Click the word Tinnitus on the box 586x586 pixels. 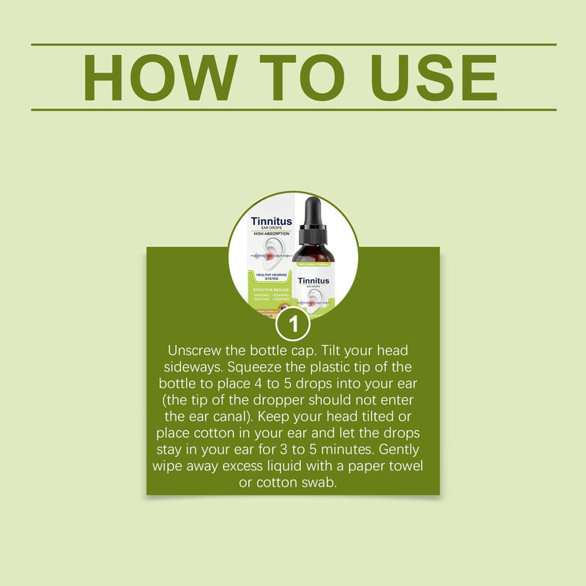(x=271, y=221)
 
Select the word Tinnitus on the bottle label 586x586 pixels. (x=314, y=281)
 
